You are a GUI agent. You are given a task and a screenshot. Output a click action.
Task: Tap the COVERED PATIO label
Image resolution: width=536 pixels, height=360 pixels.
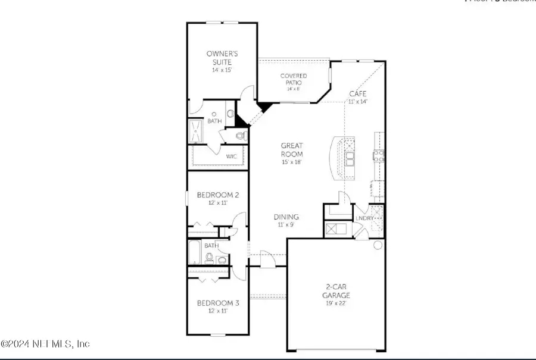click(294, 76)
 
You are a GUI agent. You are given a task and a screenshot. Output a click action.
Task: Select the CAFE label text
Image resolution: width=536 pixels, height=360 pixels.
click(357, 94)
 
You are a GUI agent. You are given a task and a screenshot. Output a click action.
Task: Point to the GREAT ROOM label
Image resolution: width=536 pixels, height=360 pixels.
click(292, 149)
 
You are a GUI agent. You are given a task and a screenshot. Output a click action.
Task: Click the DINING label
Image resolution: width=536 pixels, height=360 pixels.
click(286, 217)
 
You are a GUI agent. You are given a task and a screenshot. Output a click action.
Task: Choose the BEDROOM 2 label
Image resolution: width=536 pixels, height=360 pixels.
click(218, 195)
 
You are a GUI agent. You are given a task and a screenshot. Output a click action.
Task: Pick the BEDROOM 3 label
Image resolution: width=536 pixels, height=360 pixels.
click(218, 303)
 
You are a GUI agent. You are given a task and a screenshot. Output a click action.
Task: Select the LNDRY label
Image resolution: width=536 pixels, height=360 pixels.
click(364, 218)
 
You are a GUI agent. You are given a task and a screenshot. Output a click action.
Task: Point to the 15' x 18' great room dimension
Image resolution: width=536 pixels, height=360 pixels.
click(292, 162)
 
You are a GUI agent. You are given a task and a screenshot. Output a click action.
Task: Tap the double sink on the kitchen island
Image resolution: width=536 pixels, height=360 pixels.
click(349, 158)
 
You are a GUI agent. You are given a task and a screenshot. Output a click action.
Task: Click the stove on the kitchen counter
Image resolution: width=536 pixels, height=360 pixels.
click(378, 156)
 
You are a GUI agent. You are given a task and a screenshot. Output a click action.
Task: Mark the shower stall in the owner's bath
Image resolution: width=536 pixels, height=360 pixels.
click(195, 130)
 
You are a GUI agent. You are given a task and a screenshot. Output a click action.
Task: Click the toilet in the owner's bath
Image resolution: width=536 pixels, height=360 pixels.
click(241, 136)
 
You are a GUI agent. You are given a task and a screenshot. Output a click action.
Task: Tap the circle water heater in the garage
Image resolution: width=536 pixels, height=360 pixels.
click(378, 245)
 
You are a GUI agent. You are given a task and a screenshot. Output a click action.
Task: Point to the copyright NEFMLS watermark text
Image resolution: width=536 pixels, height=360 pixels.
click(45, 343)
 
